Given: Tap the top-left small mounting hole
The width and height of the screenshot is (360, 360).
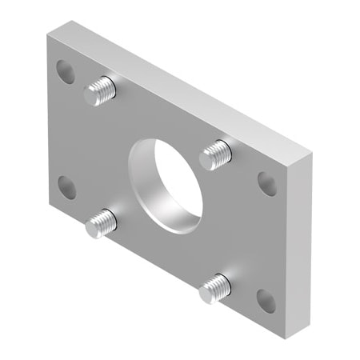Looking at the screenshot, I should (66, 72).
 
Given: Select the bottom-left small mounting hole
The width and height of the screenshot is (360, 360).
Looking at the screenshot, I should (67, 188).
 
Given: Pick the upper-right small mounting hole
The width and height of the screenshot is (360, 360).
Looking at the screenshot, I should (267, 183).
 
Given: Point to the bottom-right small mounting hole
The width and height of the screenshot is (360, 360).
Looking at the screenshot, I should (266, 300).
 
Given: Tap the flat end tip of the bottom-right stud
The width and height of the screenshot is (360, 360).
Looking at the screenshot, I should (206, 293).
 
